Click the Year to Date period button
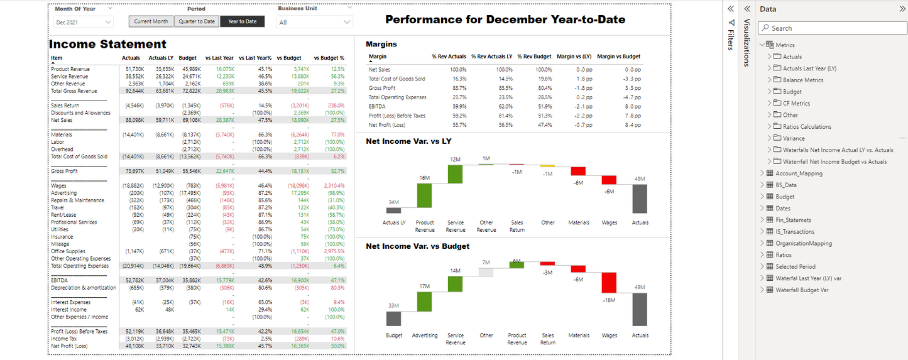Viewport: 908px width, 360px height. coord(242,21)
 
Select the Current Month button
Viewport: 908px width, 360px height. coord(151,21)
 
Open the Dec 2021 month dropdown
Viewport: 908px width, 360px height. coord(83,22)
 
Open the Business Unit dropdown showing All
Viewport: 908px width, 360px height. coord(314,22)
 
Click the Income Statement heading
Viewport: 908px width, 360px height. coord(107,44)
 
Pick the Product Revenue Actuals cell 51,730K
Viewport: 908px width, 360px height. coord(132,69)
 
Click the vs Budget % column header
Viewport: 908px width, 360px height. coord(329,58)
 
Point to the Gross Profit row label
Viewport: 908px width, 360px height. coord(64,171)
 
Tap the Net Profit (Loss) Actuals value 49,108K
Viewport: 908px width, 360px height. coord(132,346)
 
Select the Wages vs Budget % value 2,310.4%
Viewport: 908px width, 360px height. coord(334,186)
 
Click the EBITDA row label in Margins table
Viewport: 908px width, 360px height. coord(378,107)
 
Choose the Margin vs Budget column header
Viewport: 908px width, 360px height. coord(618,57)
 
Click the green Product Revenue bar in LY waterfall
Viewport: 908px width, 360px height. coord(425,195)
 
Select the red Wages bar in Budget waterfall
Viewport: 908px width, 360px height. coord(609,283)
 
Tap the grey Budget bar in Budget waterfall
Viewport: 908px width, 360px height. coord(394,318)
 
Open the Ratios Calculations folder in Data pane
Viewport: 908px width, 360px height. coord(807,126)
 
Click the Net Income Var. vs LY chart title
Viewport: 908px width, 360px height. coord(408,141)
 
